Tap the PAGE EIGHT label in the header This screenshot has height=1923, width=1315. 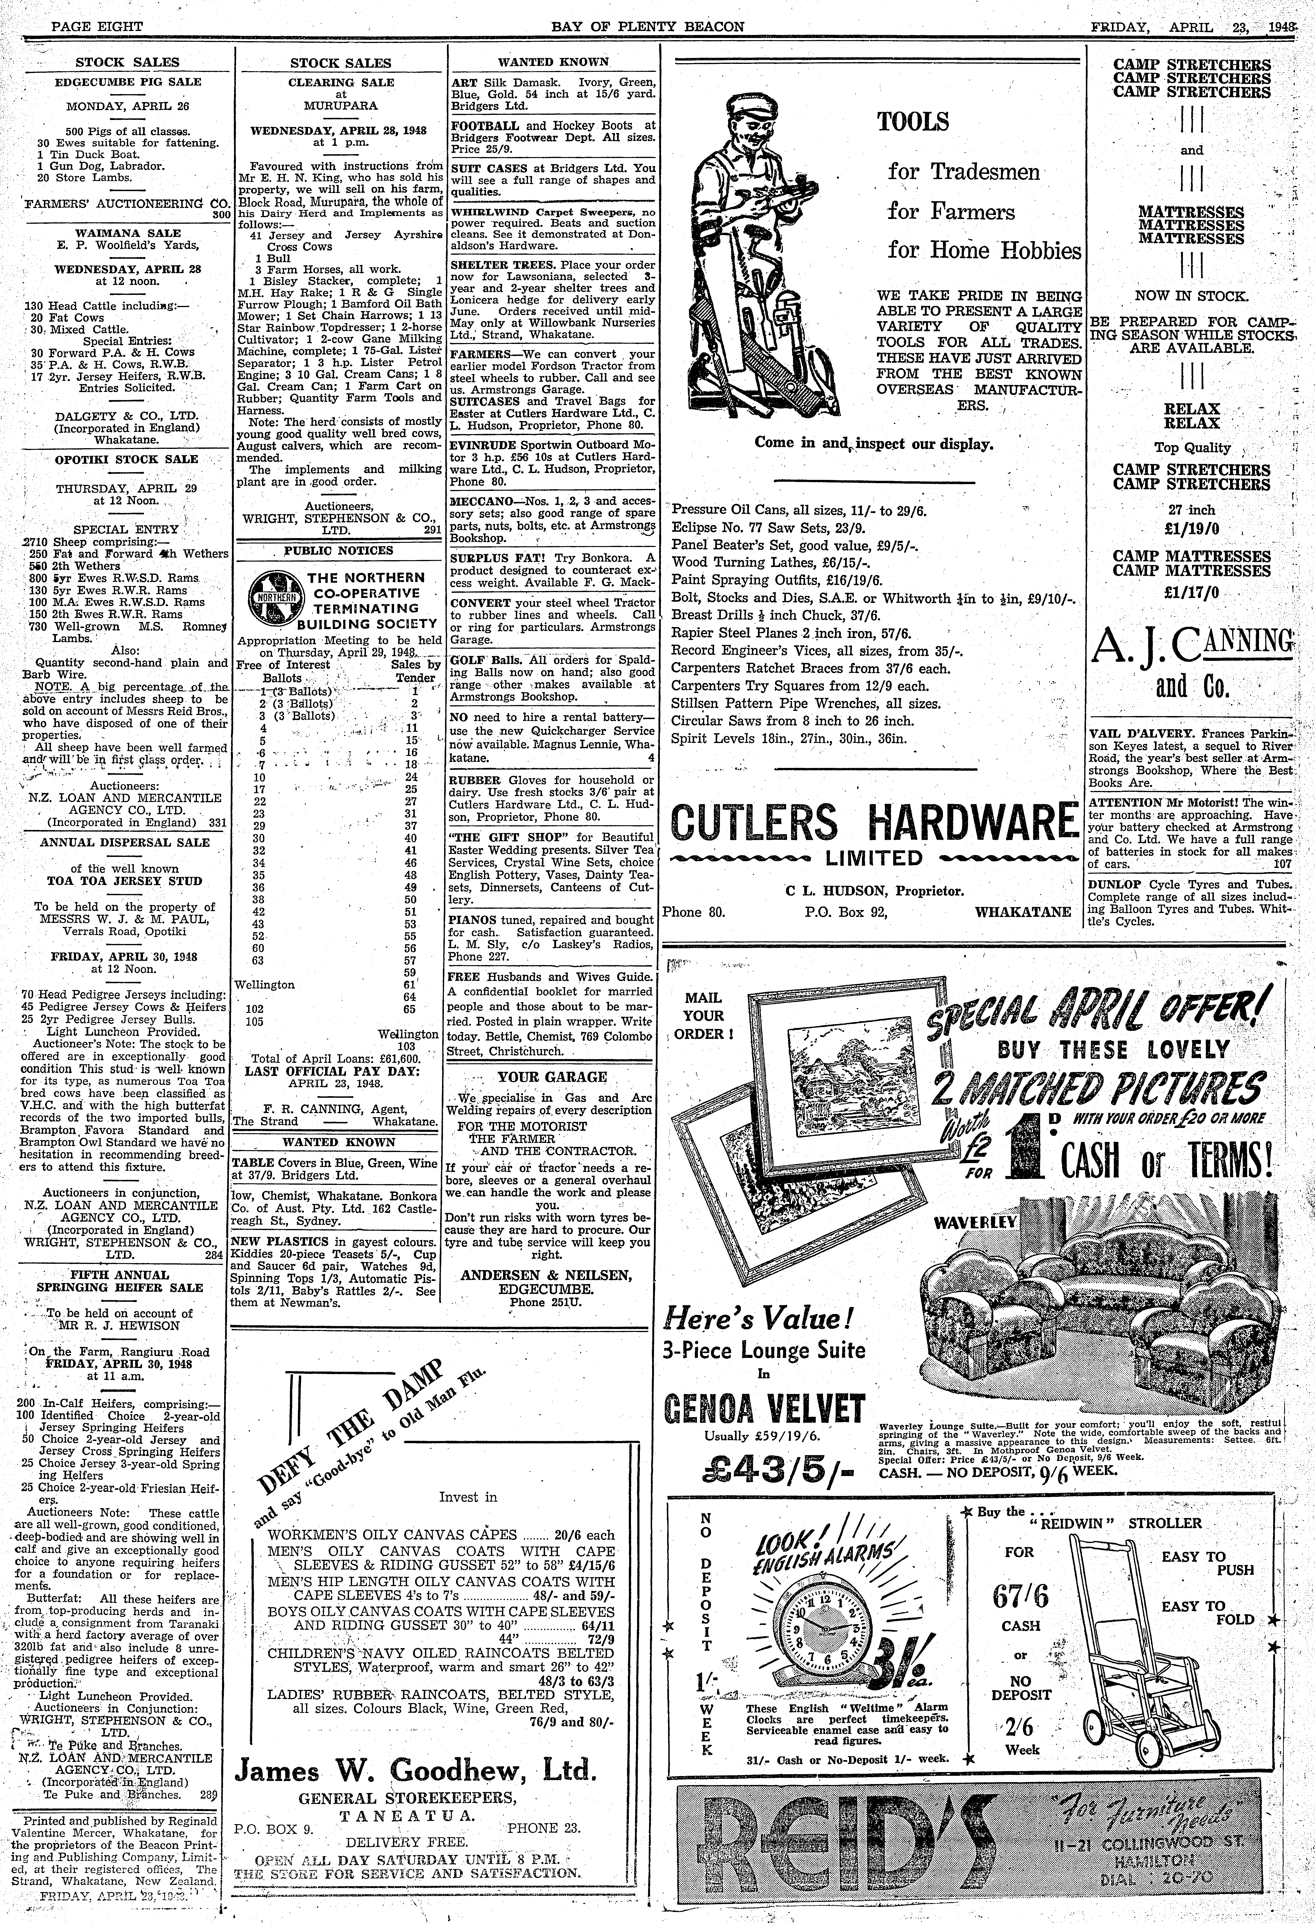[x=97, y=27]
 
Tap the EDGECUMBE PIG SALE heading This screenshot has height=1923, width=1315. [x=128, y=82]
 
